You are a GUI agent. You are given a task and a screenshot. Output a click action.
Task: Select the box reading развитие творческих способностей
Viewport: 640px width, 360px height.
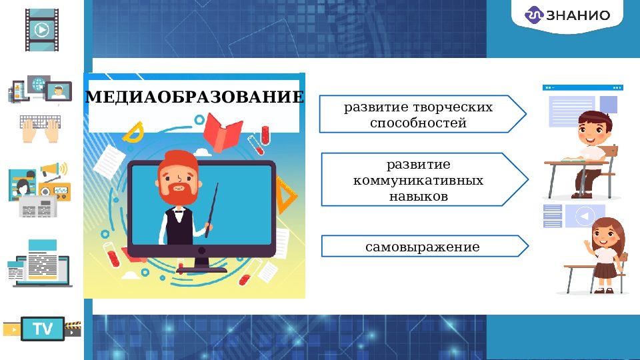418,115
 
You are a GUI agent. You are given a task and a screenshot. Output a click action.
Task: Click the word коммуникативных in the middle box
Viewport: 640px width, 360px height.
418,181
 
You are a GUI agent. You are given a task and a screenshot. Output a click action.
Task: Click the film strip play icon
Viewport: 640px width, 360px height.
42,30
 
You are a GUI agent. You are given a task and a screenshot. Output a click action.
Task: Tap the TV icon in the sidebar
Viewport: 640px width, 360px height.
43,329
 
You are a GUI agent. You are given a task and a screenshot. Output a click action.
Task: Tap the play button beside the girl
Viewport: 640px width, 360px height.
585,217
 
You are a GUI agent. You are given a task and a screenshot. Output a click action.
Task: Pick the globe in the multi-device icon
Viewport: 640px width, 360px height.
37,85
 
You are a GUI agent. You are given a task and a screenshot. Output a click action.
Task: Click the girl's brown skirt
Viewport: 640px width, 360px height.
605,270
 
